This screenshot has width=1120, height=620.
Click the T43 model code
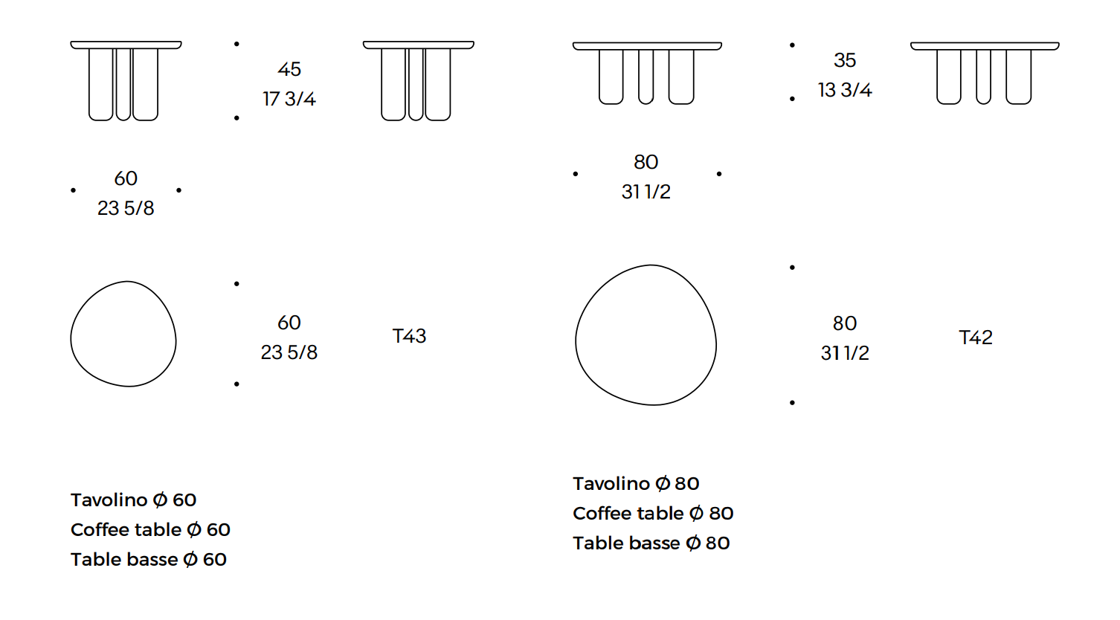coord(409,336)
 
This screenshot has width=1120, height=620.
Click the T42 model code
coord(976,338)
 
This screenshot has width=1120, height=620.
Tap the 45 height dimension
coord(289,69)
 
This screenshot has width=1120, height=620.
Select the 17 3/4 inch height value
coord(289,98)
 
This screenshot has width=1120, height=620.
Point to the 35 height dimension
coord(845,60)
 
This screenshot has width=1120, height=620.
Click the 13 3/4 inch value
coord(845,90)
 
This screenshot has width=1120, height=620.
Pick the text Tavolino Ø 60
coord(134,500)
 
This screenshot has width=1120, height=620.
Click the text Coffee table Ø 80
coord(653,513)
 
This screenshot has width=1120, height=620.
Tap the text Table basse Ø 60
coord(149,559)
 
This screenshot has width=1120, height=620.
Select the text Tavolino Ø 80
coord(636,483)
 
